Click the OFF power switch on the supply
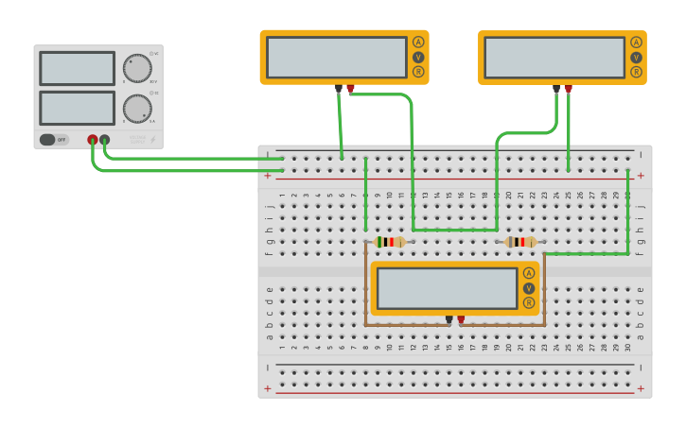pyautogui.click(x=53, y=140)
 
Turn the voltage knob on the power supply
pyautogui.click(x=137, y=68)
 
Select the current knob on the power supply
pyautogui.click(x=137, y=109)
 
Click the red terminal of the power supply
pyautogui.click(x=93, y=140)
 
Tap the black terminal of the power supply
pyautogui.click(x=105, y=140)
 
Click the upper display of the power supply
pyautogui.click(x=78, y=68)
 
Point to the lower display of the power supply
pyautogui.click(x=78, y=107)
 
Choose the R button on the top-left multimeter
pyautogui.click(x=418, y=72)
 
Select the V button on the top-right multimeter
pyautogui.click(x=636, y=57)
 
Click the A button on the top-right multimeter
pyautogui.click(x=636, y=42)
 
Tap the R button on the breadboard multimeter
pyautogui.click(x=529, y=303)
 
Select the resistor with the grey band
pyautogui.click(x=520, y=242)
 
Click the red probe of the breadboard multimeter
pyautogui.click(x=461, y=319)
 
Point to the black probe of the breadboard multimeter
pyautogui.click(x=449, y=319)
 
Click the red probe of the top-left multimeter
pyautogui.click(x=350, y=89)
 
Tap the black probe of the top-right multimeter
pyautogui.click(x=556, y=89)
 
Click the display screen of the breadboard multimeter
pyautogui.click(x=447, y=288)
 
